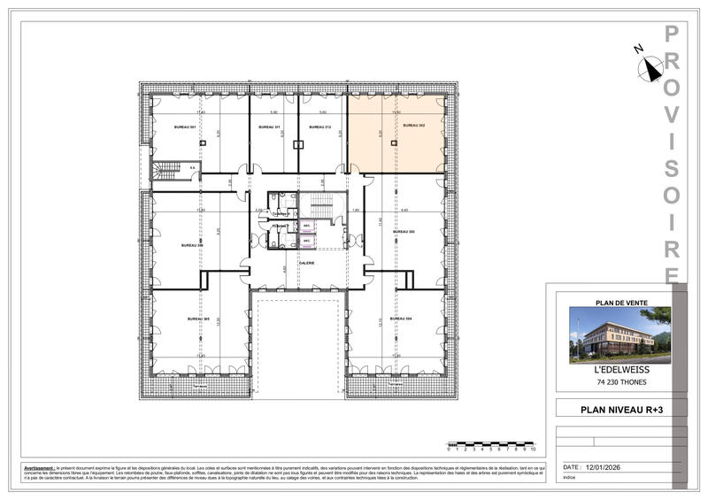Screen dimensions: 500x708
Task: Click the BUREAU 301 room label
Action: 184,127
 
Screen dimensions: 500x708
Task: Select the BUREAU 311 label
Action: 269,127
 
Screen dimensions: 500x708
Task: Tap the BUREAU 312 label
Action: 320,127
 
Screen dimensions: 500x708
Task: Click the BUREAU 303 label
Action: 404,232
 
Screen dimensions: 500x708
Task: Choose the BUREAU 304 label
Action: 404,318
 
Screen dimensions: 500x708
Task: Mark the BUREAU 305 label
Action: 197,319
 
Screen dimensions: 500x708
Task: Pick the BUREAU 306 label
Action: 192,245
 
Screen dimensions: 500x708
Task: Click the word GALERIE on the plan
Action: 307,263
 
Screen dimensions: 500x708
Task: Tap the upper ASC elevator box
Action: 306,226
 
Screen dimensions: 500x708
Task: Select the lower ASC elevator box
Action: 306,240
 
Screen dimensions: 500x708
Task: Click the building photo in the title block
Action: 619,335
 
